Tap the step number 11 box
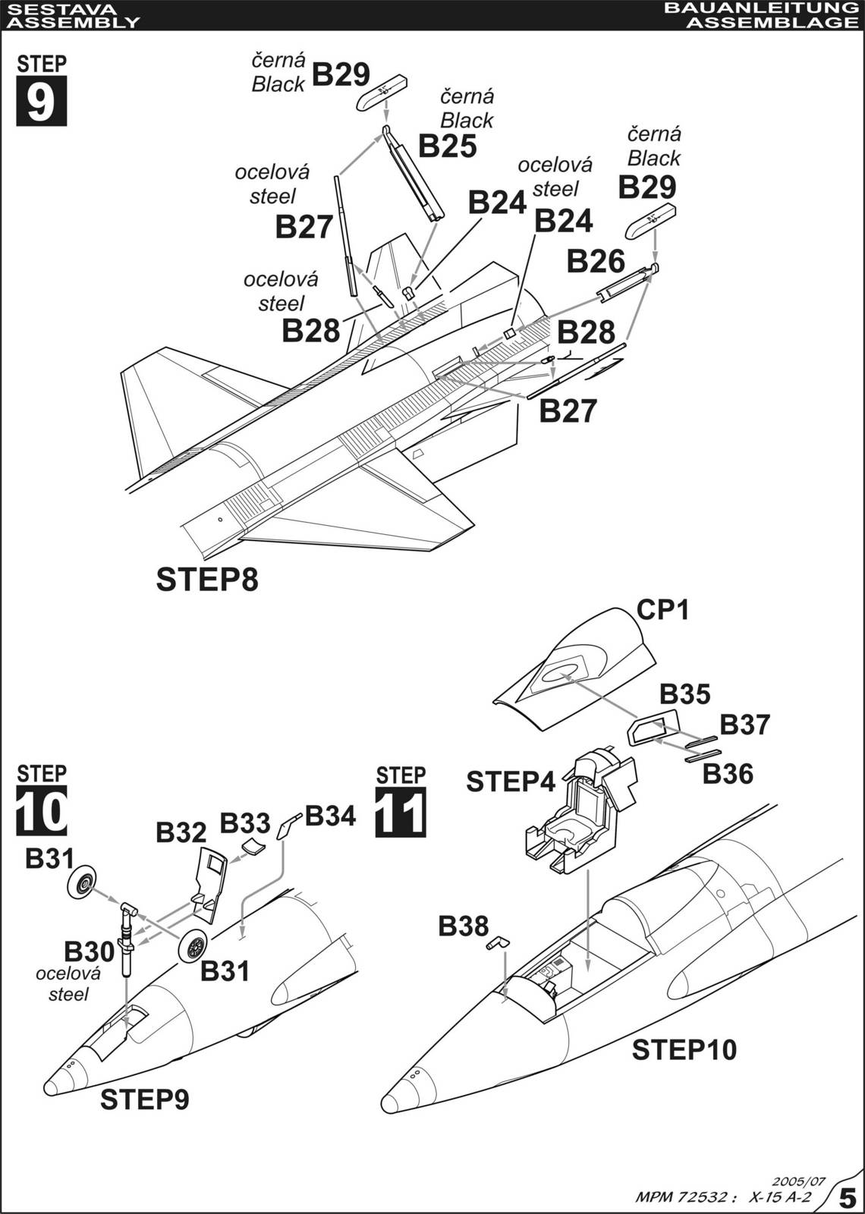[401, 812]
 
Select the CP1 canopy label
[662, 609]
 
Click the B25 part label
[447, 146]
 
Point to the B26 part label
[596, 261]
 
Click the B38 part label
[463, 926]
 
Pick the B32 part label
[181, 832]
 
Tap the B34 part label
[330, 816]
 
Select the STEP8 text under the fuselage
[207, 580]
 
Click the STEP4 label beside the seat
[511, 782]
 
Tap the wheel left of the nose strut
[83, 882]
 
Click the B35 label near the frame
[684, 693]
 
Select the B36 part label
[727, 774]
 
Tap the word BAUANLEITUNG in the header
[759, 8]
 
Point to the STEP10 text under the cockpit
[684, 1050]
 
